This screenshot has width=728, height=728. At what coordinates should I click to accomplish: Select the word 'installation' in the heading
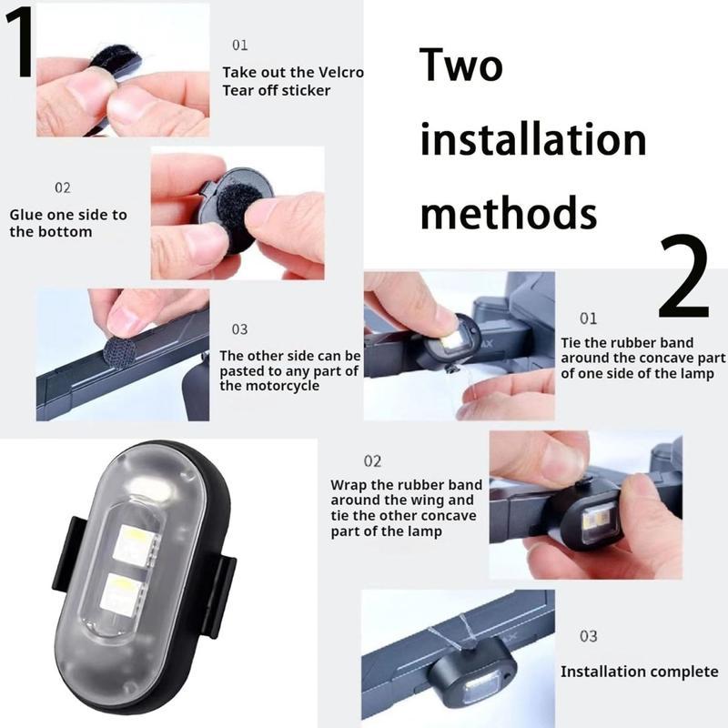click(x=533, y=141)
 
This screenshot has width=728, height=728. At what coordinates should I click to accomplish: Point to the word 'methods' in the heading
click(x=508, y=213)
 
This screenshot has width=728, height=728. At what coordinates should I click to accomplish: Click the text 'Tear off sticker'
click(x=276, y=90)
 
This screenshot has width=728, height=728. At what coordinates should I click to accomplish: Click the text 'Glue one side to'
click(x=68, y=215)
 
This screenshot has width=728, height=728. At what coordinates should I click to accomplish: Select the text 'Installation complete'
click(x=639, y=672)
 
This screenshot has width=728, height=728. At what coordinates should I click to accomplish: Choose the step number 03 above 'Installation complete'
click(x=588, y=636)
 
